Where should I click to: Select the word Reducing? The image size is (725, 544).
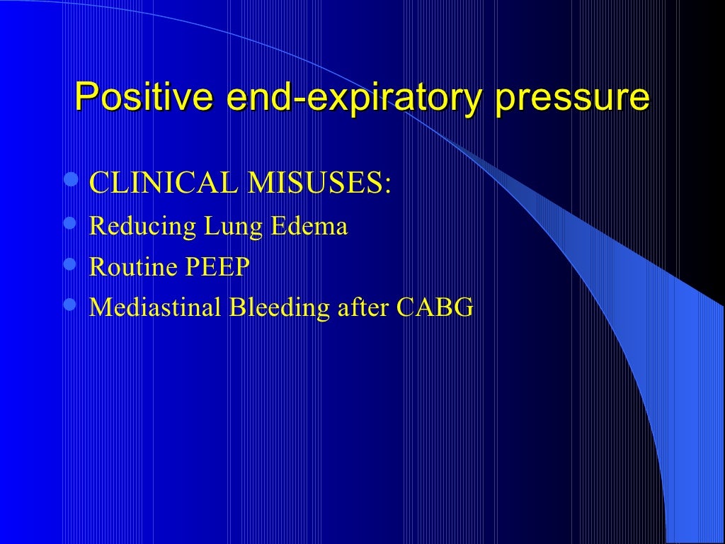[142, 227]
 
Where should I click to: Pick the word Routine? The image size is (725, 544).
[132, 268]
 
